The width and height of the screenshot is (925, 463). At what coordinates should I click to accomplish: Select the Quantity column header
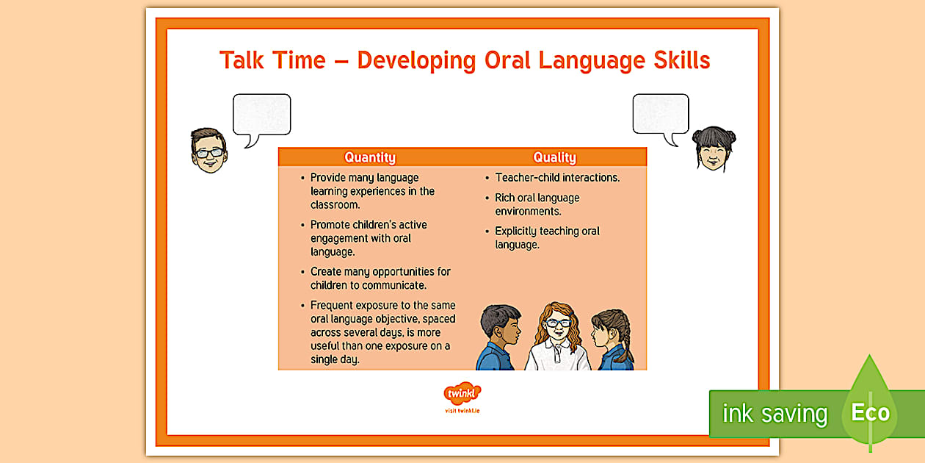click(x=370, y=157)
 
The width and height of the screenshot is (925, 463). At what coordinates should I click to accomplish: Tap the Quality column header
click(x=554, y=157)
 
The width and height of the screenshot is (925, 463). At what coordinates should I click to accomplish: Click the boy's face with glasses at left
click(x=208, y=151)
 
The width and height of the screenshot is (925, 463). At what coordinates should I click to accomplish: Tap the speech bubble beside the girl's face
click(x=661, y=116)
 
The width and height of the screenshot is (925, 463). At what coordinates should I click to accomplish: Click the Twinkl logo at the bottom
click(x=462, y=394)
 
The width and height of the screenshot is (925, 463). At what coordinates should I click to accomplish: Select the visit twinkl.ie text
click(x=462, y=410)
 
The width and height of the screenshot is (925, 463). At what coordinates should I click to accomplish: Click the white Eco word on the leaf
click(x=870, y=412)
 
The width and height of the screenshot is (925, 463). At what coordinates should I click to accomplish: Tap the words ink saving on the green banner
click(x=775, y=414)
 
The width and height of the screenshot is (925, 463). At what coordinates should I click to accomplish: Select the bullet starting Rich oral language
click(x=537, y=204)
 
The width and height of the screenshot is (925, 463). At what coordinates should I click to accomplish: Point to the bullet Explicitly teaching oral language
click(x=547, y=237)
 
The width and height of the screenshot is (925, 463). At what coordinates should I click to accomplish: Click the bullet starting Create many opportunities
click(x=380, y=278)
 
